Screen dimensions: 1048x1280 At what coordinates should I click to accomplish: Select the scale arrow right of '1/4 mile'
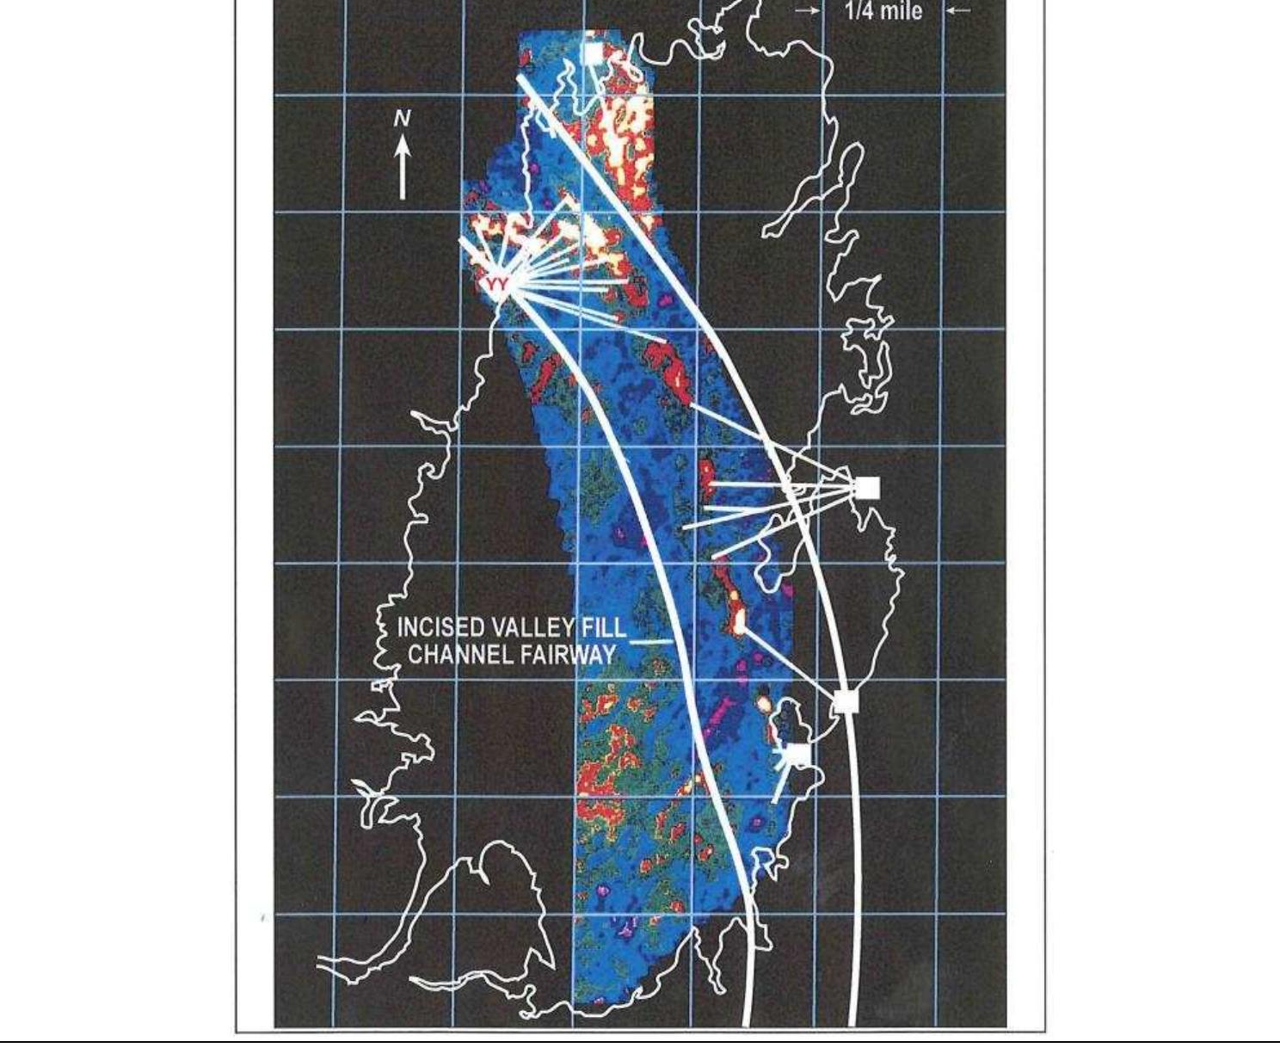(959, 11)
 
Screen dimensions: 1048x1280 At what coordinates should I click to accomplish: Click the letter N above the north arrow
(402, 119)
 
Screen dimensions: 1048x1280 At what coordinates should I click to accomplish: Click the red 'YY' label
(496, 283)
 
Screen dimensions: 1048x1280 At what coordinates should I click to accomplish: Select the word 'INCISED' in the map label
(429, 627)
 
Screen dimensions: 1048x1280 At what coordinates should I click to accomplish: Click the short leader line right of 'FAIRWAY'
(652, 642)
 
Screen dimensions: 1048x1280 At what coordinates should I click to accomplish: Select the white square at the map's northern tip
(593, 54)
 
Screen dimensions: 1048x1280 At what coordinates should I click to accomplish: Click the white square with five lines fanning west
(867, 488)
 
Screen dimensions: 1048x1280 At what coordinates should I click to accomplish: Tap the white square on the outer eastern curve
(846, 701)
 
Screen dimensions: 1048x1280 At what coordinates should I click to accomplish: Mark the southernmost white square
(798, 754)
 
